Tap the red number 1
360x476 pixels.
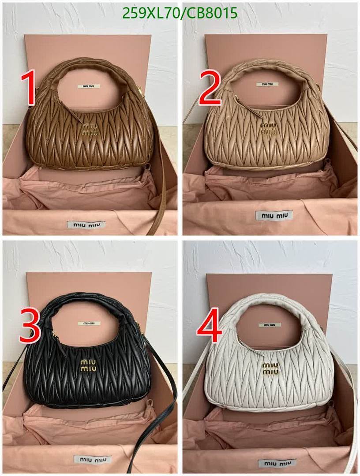(x=29, y=89)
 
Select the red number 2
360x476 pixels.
(x=210, y=88)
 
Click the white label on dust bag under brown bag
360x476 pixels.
(x=86, y=224)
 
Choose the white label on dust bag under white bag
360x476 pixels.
(x=274, y=464)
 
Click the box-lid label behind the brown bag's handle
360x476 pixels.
(x=89, y=86)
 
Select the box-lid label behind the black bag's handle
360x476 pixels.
(x=89, y=323)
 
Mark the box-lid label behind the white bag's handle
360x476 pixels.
(x=270, y=325)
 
